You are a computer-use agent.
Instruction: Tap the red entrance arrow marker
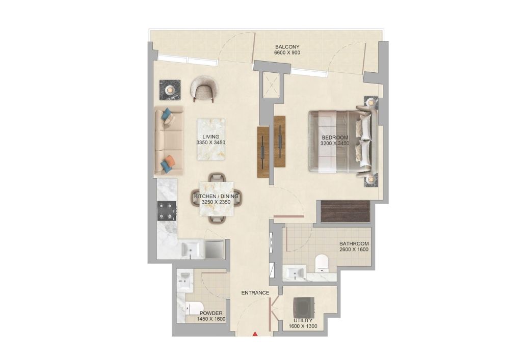[256, 335]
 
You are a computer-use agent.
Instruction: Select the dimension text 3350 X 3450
[210, 143]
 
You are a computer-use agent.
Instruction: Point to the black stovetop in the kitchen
[167, 211]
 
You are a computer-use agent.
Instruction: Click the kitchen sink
[191, 249]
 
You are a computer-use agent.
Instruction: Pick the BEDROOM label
[335, 137]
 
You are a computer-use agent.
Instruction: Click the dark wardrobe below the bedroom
[345, 211]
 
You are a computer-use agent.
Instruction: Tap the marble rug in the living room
[211, 139]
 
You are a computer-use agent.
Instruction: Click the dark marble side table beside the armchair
[170, 90]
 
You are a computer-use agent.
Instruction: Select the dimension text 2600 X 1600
[354, 250]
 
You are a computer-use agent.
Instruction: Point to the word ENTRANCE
[255, 293]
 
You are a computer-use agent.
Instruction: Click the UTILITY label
[303, 320]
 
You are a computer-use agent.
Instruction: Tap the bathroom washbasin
[295, 273]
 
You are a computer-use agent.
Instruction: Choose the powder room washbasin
[184, 280]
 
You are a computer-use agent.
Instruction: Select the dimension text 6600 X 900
[287, 53]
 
